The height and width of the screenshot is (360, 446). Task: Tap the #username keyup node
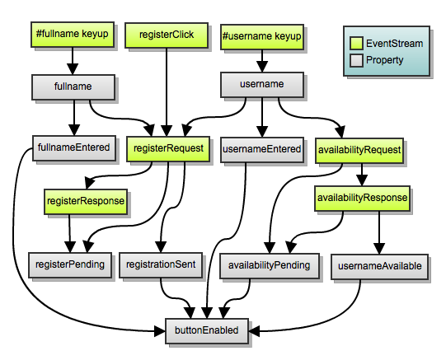point(261,36)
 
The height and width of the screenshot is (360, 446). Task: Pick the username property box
point(261,84)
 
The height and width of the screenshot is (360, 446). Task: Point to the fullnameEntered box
point(73,148)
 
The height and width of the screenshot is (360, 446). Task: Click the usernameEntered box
point(261,149)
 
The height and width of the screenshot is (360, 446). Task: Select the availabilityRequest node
point(359,150)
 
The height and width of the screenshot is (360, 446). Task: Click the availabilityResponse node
point(360,198)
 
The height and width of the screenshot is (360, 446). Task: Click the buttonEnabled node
point(206,330)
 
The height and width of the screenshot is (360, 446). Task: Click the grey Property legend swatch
point(355,60)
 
